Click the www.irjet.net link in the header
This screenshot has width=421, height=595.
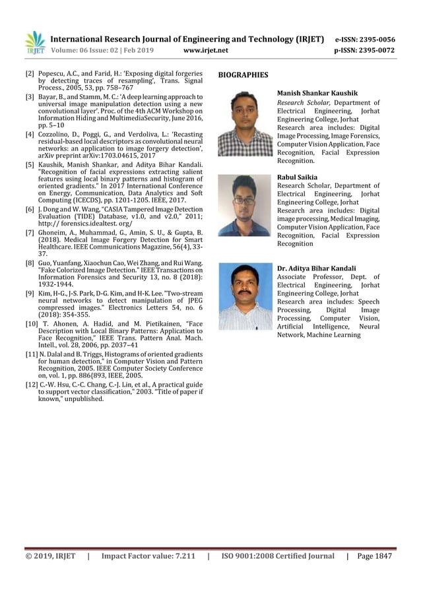tap(207, 50)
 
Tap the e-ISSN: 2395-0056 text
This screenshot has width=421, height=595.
tap(365, 40)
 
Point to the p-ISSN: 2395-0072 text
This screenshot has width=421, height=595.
tap(365, 50)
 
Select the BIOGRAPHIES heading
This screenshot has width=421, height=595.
tap(243, 75)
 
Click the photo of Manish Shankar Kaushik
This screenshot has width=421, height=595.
tap(245, 123)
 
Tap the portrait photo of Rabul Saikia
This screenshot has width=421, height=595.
tap(245, 205)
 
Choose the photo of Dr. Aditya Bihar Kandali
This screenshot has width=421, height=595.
tap(245, 296)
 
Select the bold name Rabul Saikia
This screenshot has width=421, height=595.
tap(298, 177)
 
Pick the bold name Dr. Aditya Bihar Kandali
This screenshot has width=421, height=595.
tap(317, 268)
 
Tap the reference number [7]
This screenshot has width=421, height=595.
tap(30, 233)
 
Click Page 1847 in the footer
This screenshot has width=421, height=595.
tap(374, 556)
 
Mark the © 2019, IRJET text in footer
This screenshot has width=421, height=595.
tap(51, 556)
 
